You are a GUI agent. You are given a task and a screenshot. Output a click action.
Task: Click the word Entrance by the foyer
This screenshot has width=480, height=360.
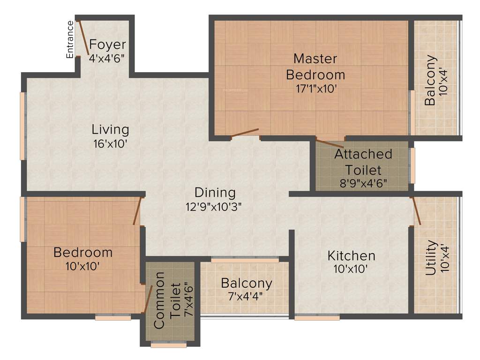[70, 39]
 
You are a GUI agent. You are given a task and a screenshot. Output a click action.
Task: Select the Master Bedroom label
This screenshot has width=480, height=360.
[315, 67]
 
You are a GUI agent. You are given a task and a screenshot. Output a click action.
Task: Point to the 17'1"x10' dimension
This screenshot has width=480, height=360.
[315, 89]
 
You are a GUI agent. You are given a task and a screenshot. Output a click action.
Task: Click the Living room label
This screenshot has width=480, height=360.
[110, 129]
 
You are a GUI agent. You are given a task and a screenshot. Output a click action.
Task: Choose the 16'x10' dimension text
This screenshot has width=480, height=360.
[110, 144]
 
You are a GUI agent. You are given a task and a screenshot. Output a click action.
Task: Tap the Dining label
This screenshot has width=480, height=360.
[215, 192]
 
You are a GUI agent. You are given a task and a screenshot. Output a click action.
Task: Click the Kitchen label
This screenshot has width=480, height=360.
[351, 256]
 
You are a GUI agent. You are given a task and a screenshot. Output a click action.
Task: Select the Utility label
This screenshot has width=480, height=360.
[432, 258]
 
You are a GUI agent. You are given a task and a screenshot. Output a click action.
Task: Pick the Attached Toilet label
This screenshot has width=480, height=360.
[363, 162]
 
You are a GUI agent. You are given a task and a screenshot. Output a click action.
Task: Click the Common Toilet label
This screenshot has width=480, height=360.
[166, 300]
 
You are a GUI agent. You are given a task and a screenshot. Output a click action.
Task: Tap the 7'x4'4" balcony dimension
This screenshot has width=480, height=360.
[247, 296]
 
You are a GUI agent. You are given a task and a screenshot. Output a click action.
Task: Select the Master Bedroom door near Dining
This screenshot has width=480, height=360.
[245, 133]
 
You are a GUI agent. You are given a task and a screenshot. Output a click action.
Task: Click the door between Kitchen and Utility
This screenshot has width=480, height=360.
[416, 211]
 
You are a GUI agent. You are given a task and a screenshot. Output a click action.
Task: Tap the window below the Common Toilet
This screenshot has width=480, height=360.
[169, 346]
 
